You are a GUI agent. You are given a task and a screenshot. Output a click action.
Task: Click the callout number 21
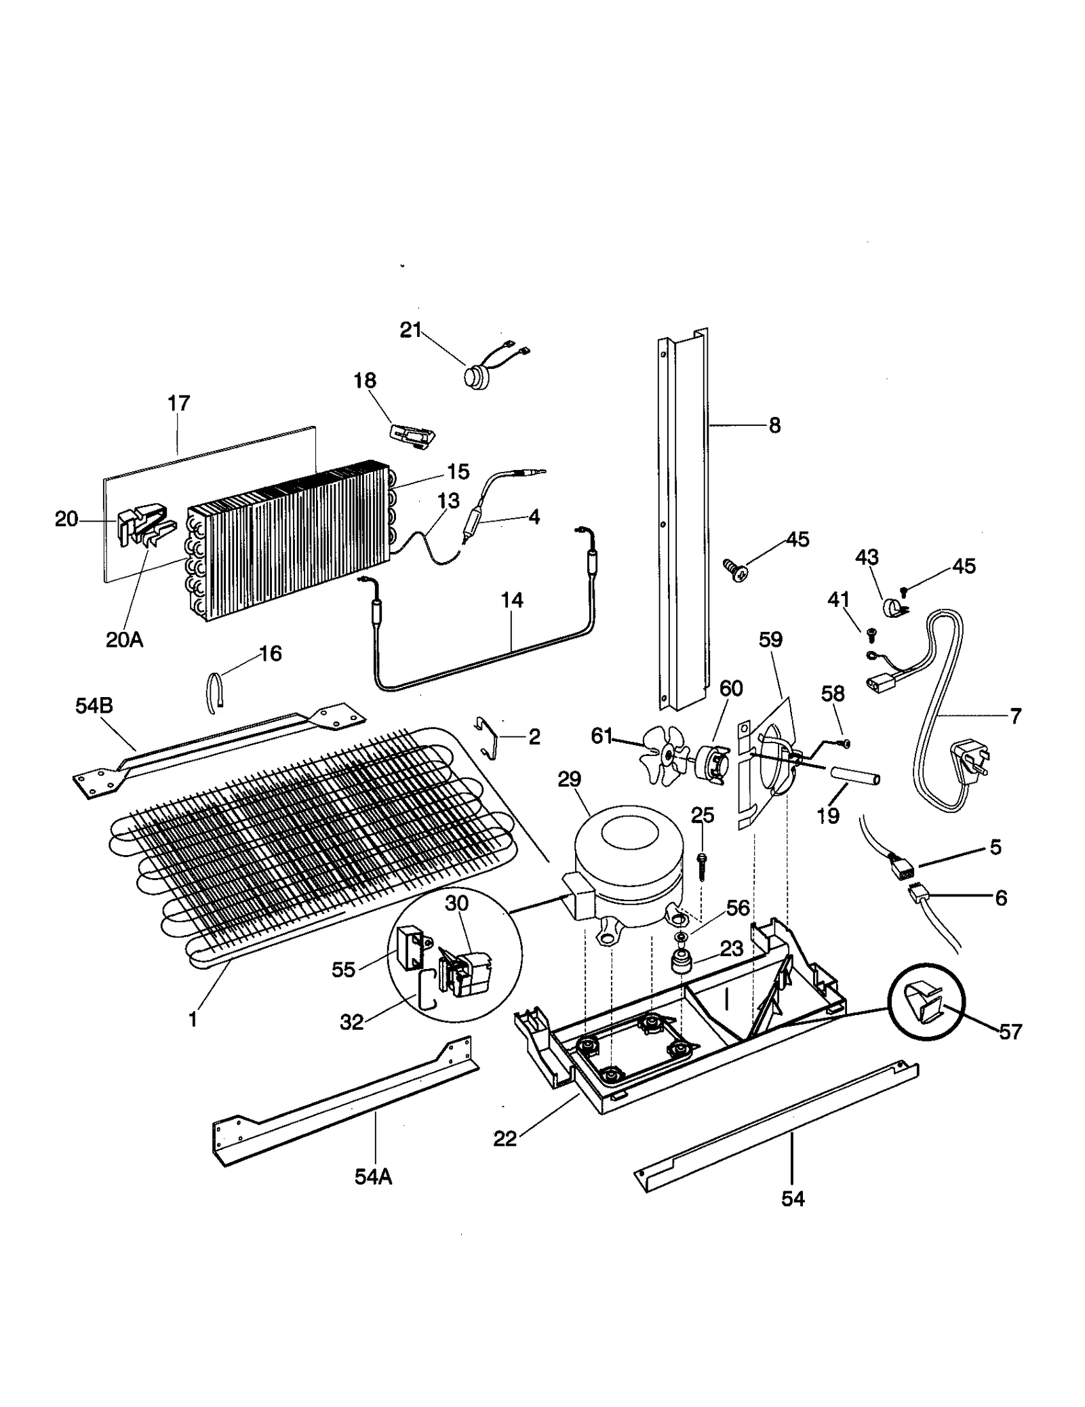410,330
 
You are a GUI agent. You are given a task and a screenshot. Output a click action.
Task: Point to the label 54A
373,1176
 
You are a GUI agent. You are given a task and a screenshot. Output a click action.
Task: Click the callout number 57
1010,1031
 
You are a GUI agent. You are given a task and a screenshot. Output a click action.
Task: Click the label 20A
124,639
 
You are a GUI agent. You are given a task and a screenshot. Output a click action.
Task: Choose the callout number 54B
94,706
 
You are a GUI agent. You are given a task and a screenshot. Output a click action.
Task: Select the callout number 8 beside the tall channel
774,425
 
